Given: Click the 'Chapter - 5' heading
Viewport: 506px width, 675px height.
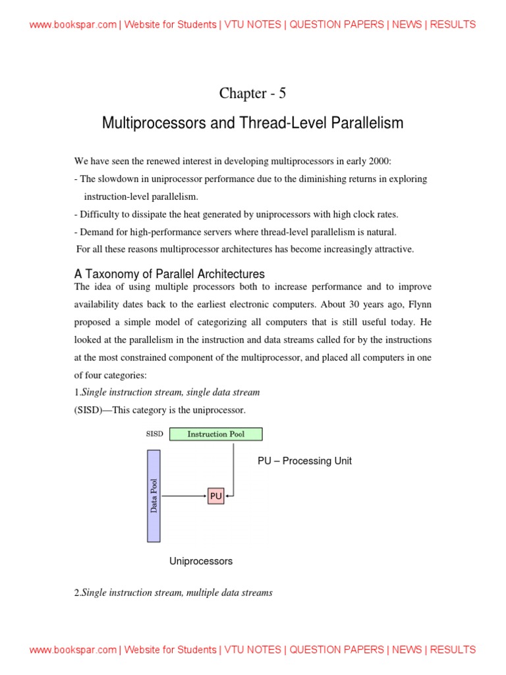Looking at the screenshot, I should coord(252,94).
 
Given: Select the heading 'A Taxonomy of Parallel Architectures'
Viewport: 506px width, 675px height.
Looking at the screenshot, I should coord(169,274).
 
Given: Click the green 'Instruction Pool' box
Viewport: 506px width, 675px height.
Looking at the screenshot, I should coord(215,434).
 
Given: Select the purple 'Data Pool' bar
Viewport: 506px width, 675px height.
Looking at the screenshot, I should coord(154,496).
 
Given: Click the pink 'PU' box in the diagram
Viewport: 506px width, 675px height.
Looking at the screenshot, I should coord(216,496).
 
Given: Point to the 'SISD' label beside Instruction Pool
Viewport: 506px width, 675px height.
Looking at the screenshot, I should coord(154,434).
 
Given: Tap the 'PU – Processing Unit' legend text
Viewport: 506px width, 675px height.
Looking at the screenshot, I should coord(304,461).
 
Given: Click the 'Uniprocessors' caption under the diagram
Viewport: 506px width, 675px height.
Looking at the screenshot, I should coord(201,561).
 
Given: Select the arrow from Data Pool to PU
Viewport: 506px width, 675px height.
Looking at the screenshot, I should coord(184,496).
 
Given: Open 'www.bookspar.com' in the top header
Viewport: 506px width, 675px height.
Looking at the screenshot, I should coord(73,24).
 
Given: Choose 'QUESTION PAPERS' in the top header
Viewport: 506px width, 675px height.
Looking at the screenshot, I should coord(337,24).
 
